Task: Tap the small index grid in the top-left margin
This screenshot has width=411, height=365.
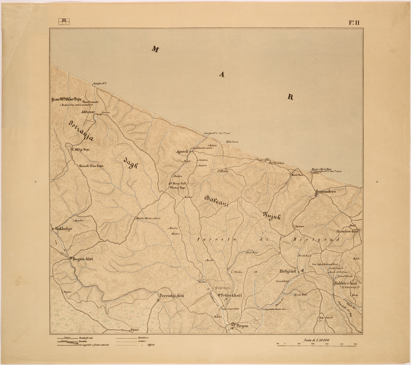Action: (64, 21)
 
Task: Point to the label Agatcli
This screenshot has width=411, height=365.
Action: (183, 151)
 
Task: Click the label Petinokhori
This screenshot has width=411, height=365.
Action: (231, 295)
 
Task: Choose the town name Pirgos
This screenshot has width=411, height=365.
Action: (240, 326)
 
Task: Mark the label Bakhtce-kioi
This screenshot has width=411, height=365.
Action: (345, 284)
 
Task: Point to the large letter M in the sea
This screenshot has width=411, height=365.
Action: (155, 49)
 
